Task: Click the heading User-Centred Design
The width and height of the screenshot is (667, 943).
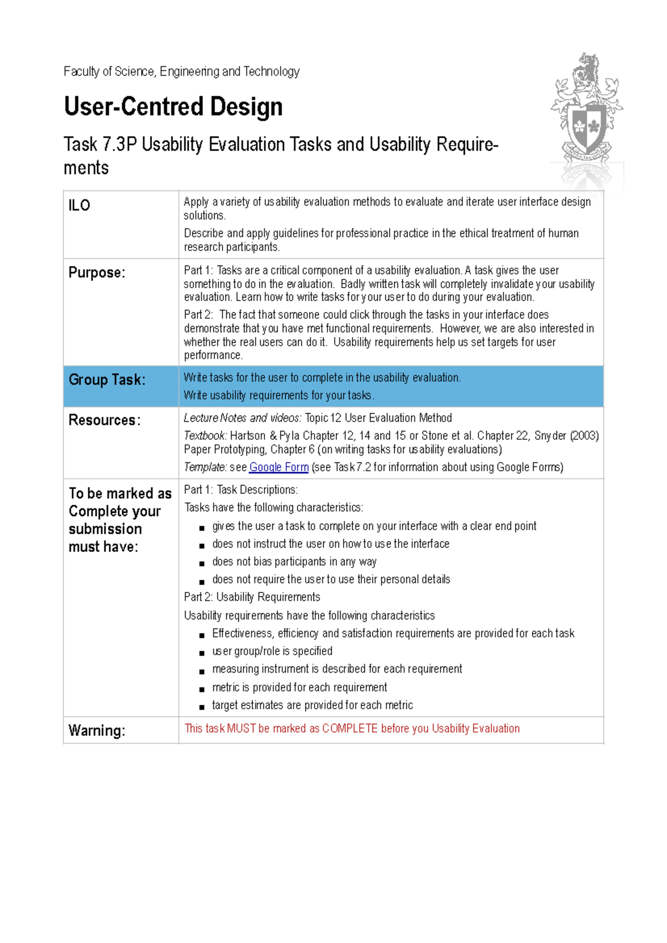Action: click(x=173, y=107)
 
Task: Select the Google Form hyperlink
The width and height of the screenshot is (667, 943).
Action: click(x=278, y=467)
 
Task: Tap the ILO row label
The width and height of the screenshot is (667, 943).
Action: click(x=79, y=205)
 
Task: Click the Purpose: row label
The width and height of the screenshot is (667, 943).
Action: click(x=97, y=273)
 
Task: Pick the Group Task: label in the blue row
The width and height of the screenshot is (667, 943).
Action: click(x=107, y=380)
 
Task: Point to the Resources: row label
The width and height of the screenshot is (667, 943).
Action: click(x=104, y=420)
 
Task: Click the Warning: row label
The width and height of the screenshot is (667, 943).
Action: click(x=97, y=730)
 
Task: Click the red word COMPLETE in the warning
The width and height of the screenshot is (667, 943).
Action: click(x=350, y=729)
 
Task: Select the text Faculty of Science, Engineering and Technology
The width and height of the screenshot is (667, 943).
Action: click(x=181, y=72)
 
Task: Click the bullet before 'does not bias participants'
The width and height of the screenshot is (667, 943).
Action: click(x=202, y=564)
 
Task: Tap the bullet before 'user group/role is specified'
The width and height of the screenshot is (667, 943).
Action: click(x=202, y=653)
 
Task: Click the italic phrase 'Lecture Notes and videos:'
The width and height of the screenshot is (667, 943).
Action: click(x=242, y=418)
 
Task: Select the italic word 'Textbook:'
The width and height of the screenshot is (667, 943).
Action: click(x=205, y=436)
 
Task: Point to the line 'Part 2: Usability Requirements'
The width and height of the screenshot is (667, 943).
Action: click(x=252, y=597)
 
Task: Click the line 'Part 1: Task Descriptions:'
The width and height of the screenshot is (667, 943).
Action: click(x=241, y=490)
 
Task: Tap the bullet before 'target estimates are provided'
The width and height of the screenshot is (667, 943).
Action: click(x=202, y=707)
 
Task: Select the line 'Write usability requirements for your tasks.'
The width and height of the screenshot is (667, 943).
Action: click(x=278, y=395)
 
